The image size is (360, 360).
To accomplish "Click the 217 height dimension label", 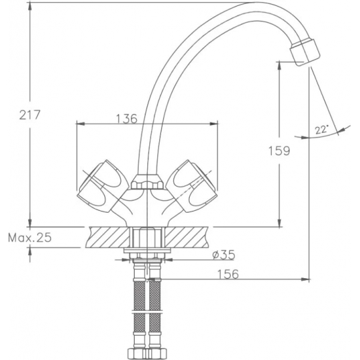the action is (x=30, y=115).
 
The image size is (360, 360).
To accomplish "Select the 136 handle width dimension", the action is (x=126, y=118).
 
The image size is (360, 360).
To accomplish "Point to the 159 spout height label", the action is (x=279, y=151).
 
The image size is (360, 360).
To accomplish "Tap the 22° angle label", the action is (x=322, y=130).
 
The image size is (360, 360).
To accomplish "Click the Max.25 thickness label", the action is (x=30, y=238).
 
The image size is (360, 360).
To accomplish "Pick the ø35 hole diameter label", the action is (x=224, y=255).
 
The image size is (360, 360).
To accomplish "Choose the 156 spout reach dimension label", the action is (x=228, y=274).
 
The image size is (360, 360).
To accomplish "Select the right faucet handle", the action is (x=191, y=186).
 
